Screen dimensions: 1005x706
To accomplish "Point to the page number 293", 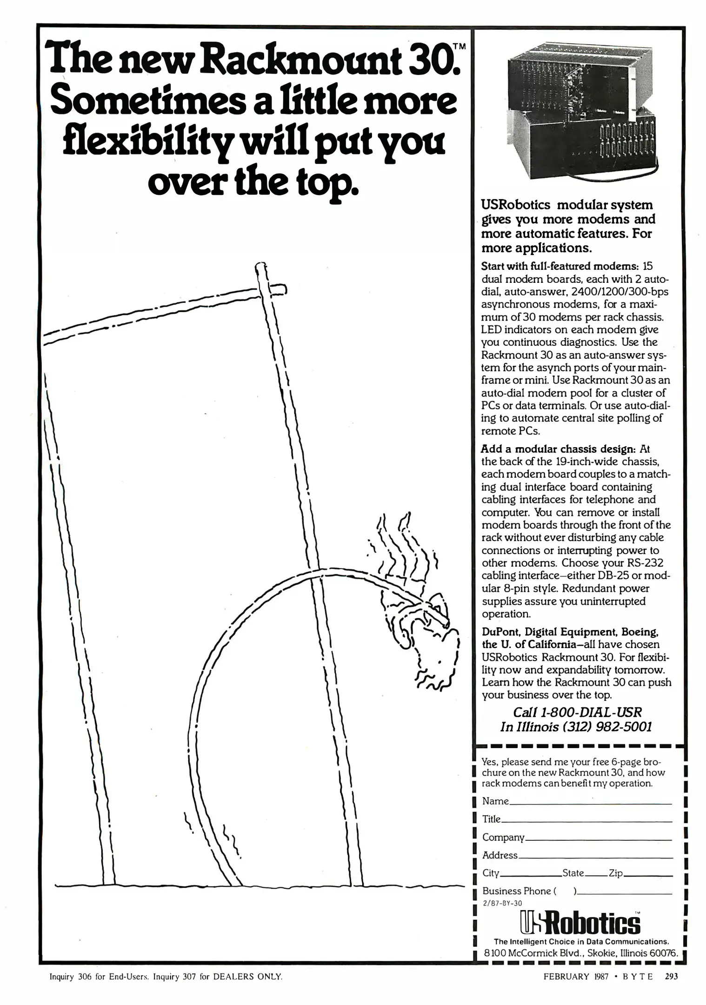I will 671,976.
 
